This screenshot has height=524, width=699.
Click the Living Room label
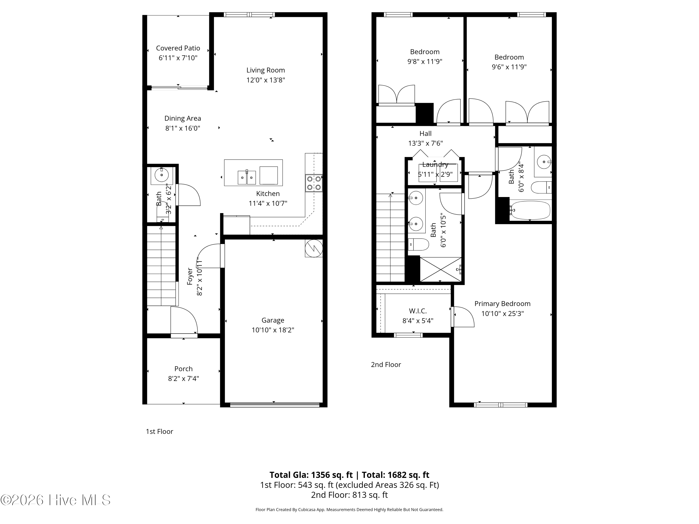[265, 70]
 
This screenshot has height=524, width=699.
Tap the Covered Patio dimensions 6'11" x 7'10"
[178, 58]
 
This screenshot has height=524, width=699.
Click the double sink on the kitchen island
[247, 177]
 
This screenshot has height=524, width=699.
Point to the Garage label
[273, 320]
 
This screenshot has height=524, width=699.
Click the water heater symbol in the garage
[313, 248]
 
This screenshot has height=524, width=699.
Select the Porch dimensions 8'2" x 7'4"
[183, 378]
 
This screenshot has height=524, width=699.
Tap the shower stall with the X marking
[440, 269]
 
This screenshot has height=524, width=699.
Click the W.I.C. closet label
[418, 311]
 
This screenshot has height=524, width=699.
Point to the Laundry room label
[435, 165]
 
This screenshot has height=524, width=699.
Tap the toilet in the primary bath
[418, 244]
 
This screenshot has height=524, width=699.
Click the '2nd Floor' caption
[386, 364]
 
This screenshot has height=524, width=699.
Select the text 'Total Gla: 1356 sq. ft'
[311, 475]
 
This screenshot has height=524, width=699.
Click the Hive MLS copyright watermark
[55, 500]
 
